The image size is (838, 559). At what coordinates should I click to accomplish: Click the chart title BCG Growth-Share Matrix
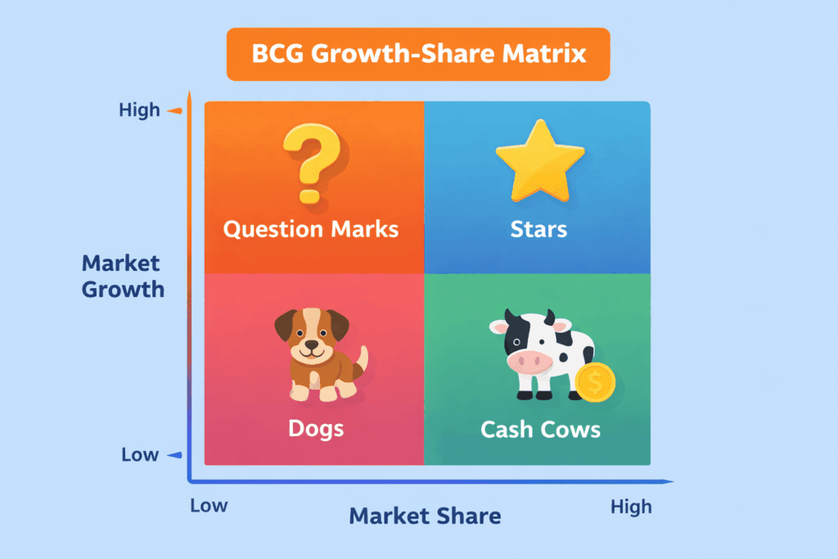[419, 54]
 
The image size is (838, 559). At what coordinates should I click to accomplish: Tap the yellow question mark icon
[312, 163]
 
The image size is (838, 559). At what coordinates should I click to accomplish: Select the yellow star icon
[540, 160]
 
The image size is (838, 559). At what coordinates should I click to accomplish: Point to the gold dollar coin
[596, 382]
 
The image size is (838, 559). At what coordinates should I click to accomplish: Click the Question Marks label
[311, 229]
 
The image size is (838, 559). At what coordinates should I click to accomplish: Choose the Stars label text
[538, 229]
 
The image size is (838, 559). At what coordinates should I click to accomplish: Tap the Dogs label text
[316, 429]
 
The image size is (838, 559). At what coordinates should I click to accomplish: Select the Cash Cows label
[540, 430]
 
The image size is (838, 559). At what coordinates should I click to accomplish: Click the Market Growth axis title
[123, 277]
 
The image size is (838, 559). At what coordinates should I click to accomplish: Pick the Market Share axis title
[425, 516]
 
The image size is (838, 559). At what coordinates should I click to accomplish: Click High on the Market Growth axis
[139, 110]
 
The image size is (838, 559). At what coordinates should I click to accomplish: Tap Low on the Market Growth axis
[140, 455]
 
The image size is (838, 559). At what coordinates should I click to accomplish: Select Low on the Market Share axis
[209, 506]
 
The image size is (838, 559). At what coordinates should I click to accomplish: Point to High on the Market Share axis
[631, 507]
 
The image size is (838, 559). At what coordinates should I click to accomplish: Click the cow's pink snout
[529, 362]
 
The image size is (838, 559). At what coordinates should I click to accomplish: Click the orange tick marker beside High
[175, 110]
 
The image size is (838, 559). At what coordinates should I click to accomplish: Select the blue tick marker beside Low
[175, 455]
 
